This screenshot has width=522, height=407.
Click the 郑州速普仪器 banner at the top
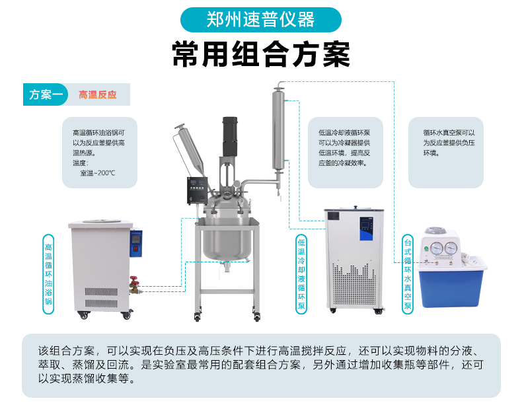[260, 20]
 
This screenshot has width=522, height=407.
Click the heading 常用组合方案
[261, 54]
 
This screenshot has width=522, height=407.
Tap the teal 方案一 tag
[46, 94]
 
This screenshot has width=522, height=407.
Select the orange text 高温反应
[98, 95]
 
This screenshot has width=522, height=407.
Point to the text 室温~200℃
[98, 173]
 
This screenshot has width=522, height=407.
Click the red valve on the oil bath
[135, 281]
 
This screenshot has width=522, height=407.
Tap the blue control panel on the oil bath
[136, 243]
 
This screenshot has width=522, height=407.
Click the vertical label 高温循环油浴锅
[49, 274]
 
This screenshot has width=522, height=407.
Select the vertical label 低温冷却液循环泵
[301, 274]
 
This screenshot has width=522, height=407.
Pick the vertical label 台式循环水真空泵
[408, 274]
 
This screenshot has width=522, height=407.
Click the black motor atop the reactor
[230, 137]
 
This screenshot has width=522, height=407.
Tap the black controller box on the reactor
[197, 190]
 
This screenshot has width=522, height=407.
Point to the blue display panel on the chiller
[366, 229]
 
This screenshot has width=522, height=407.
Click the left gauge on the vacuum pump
[436, 248]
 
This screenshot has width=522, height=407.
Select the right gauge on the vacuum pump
[451, 248]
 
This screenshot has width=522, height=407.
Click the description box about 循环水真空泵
[446, 153]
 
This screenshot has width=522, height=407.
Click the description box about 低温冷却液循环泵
[345, 153]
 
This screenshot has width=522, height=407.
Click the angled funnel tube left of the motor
[191, 149]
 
